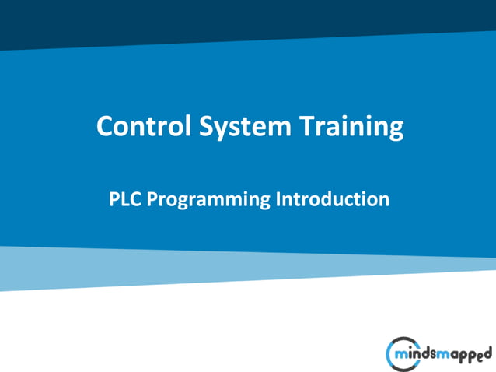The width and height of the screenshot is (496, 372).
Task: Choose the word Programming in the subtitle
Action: [209, 200]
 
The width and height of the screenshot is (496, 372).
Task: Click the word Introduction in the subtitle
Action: [332, 199]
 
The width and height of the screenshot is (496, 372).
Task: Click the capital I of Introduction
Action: [278, 199]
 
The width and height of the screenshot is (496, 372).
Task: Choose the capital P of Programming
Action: [152, 199]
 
